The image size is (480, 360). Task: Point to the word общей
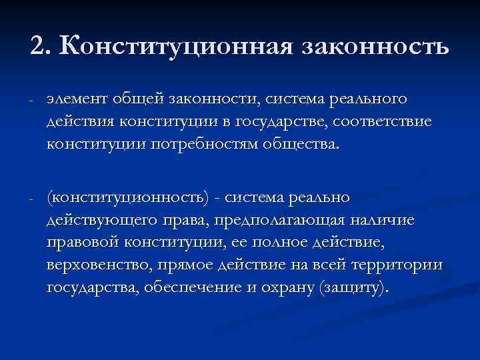tap(133, 99)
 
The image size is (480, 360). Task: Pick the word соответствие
tap(375, 123)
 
